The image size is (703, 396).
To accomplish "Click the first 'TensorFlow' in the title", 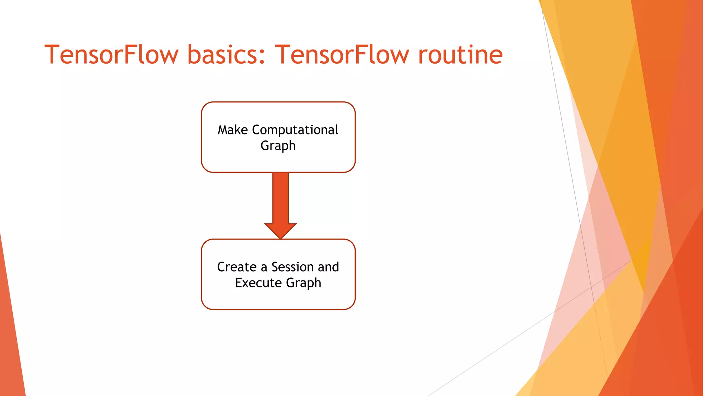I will (x=112, y=55).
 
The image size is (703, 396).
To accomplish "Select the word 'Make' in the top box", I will (x=233, y=130).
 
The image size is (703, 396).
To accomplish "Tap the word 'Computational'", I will (x=295, y=130).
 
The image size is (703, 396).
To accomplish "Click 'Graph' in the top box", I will (x=278, y=146).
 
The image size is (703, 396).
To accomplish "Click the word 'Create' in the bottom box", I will (x=237, y=267).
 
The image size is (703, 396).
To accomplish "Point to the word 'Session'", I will (x=292, y=267).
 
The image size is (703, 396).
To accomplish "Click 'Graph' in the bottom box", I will (x=303, y=283).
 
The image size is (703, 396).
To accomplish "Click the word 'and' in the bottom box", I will (x=329, y=267).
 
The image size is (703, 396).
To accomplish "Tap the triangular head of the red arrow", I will (x=280, y=230).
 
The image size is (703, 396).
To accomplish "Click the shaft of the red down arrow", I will (x=280, y=198).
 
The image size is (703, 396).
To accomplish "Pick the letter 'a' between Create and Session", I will (x=264, y=268).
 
